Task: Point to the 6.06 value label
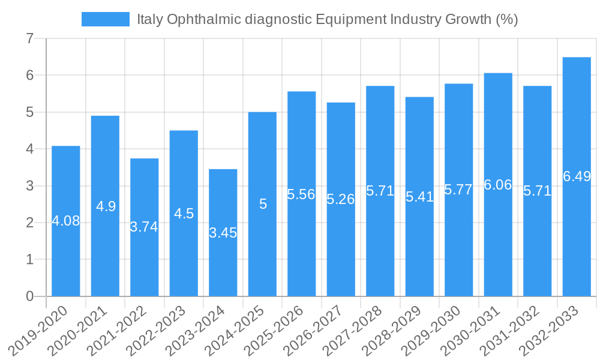coord(498,185)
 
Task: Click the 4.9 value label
coord(106,206)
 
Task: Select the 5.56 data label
coord(301,194)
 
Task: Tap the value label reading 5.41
coord(419,197)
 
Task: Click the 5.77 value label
coord(458,190)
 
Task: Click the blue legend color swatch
coord(105,19)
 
